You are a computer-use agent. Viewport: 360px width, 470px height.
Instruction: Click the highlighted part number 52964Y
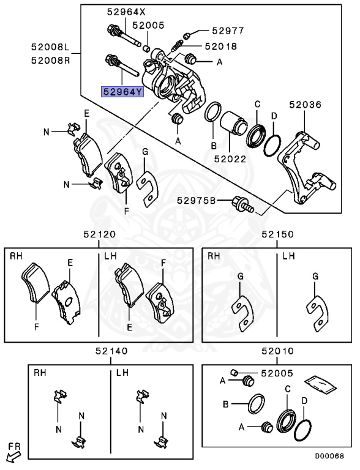[122, 92]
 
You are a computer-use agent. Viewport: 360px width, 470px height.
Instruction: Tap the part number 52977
[228, 30]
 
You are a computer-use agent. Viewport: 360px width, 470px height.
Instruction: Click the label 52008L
[52, 47]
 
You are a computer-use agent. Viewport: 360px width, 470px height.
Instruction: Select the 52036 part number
[306, 105]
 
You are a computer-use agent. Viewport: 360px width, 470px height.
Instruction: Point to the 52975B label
[197, 200]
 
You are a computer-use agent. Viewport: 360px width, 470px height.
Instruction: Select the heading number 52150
[277, 234]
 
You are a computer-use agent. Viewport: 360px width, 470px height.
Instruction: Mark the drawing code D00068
[329, 456]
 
